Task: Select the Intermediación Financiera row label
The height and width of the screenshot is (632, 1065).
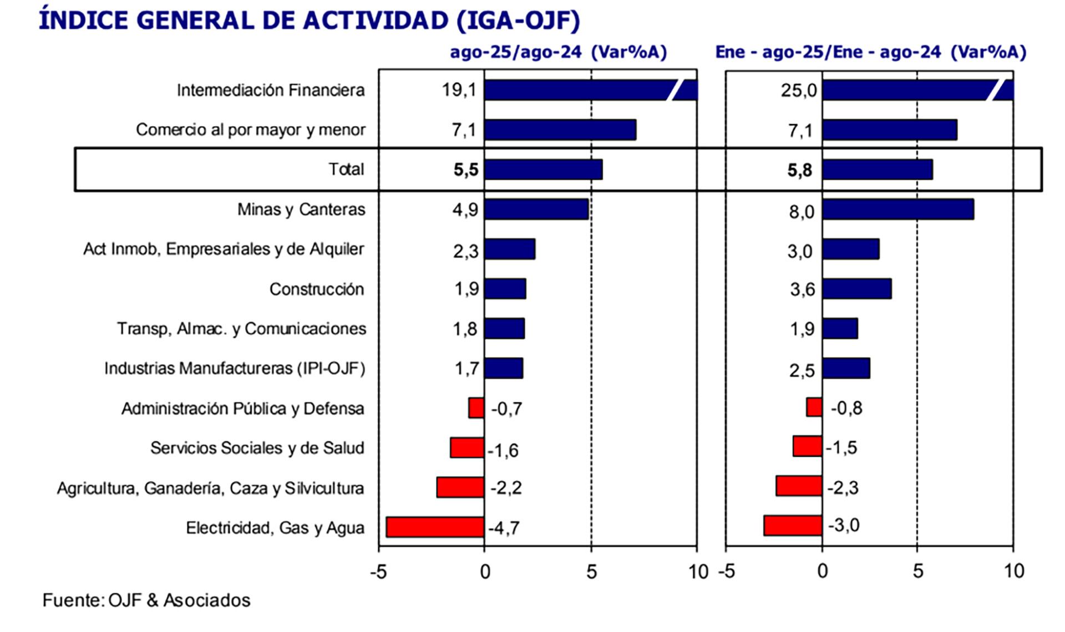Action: click(271, 90)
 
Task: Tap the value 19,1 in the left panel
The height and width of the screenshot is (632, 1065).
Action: click(459, 90)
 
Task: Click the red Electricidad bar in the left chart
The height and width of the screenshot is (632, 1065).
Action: click(435, 527)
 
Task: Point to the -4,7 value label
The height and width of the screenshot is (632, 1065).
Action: click(504, 528)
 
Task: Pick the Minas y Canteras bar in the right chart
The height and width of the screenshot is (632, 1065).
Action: click(897, 210)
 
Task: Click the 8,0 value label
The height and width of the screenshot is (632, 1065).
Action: click(802, 211)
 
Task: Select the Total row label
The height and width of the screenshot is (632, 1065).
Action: click(346, 169)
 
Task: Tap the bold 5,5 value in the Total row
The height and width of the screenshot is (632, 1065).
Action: click(465, 170)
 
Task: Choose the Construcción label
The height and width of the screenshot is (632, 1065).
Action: click(317, 289)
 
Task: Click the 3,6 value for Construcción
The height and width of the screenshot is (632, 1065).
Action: click(803, 289)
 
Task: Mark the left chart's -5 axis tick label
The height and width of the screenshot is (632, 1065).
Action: click(378, 572)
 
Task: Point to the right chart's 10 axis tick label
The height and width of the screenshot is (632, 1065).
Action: click(1014, 571)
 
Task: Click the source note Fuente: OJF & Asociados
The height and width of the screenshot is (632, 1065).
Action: click(146, 600)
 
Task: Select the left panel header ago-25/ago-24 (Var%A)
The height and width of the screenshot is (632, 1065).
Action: click(558, 53)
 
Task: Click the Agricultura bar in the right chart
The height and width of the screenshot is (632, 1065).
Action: click(799, 486)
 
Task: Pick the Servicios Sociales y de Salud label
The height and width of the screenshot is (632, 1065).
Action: click(257, 448)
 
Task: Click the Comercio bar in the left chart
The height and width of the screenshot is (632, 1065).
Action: click(560, 130)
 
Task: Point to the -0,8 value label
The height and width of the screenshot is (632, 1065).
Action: click(846, 409)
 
